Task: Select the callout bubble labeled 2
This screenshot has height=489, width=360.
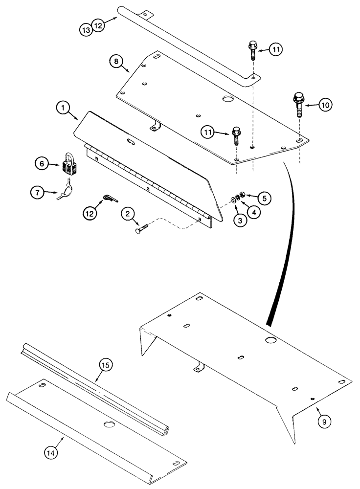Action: (x=126, y=214)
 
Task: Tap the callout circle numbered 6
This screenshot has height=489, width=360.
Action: (x=41, y=164)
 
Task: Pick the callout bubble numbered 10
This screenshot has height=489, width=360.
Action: (x=325, y=104)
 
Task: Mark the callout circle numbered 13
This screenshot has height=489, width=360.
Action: (x=86, y=30)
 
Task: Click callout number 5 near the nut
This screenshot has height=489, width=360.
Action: (x=264, y=198)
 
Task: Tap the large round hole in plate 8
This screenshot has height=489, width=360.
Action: (x=227, y=100)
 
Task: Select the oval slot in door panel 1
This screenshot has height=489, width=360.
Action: (x=132, y=141)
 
